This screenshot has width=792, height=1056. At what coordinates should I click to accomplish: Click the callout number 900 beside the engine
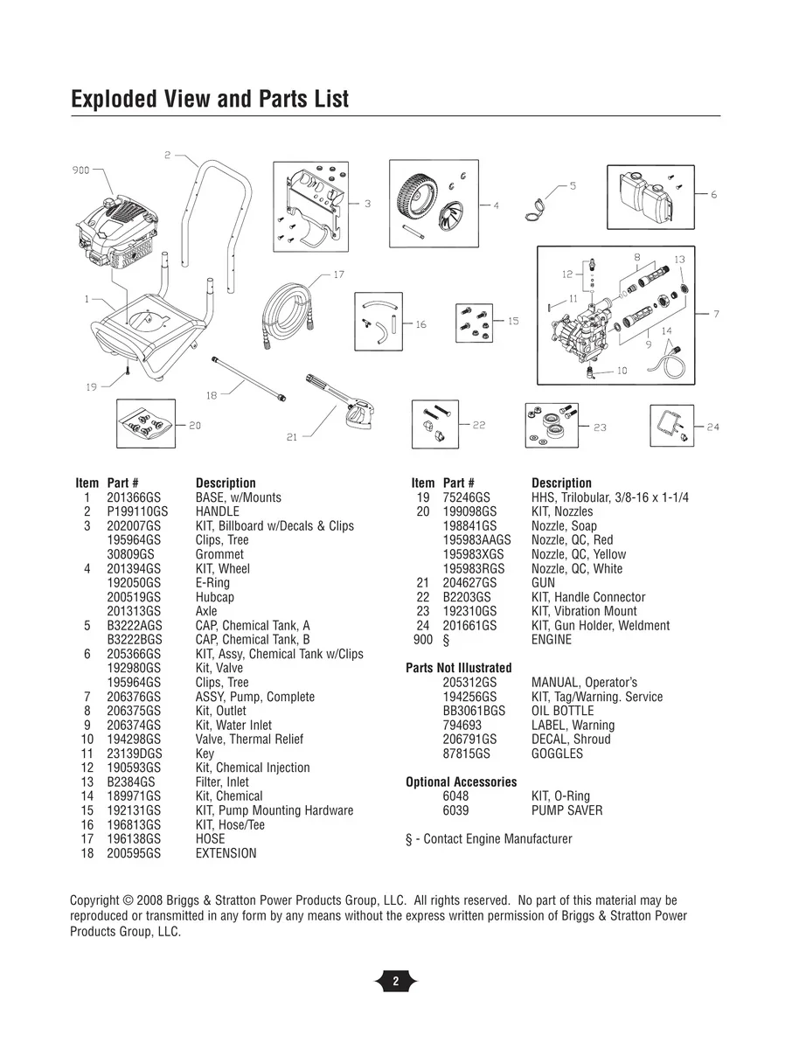click(80, 170)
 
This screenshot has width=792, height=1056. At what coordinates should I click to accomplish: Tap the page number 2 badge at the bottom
click(396, 981)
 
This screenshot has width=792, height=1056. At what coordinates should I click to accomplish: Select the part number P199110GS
click(137, 511)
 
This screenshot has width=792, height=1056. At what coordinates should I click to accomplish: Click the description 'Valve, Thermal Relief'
click(249, 739)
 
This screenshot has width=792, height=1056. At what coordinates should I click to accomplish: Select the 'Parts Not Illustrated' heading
click(459, 668)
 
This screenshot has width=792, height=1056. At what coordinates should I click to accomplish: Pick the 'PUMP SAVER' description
click(567, 810)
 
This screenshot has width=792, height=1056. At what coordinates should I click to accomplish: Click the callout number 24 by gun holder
click(712, 427)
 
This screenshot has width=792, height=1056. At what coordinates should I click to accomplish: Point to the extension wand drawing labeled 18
click(249, 379)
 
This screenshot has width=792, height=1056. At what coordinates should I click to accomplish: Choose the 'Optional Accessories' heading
click(462, 782)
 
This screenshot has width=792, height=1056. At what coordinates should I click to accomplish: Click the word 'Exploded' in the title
click(115, 99)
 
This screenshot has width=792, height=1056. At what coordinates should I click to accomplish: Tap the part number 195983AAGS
click(476, 539)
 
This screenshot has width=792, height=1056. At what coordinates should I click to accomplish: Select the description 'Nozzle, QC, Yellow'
click(579, 554)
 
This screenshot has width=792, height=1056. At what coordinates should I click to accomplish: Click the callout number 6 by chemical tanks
click(713, 194)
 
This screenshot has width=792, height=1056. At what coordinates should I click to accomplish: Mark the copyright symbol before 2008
click(128, 900)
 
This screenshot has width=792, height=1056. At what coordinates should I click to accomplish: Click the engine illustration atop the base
click(118, 232)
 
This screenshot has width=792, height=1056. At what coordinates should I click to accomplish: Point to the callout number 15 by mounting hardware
click(513, 321)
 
